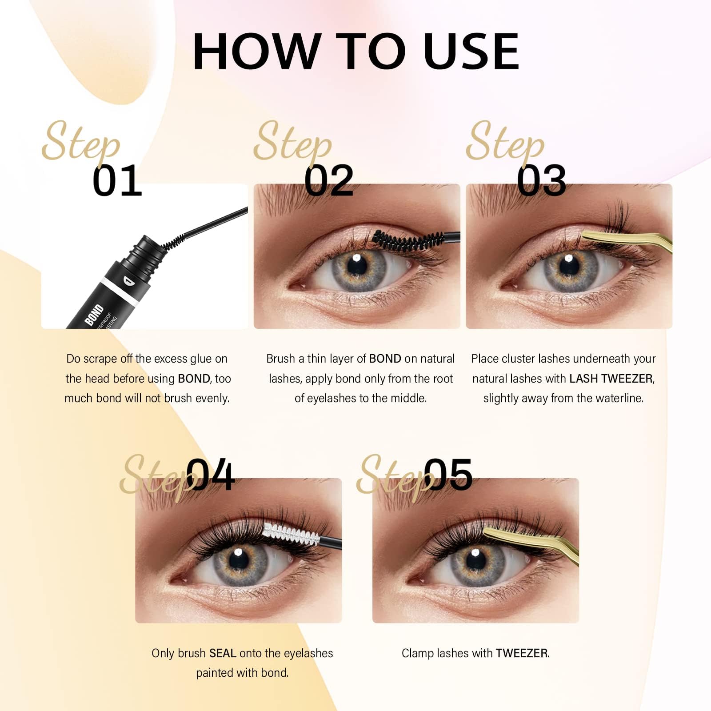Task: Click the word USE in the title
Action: tap(471, 51)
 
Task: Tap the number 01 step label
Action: tap(117, 180)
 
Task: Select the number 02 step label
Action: tap(329, 180)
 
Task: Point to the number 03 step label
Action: tap(541, 180)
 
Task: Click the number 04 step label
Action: tap(210, 475)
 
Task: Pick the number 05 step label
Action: tap(448, 475)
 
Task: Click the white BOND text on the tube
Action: tap(94, 315)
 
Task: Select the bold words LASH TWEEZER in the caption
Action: tap(611, 379)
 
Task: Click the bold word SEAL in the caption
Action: tap(223, 653)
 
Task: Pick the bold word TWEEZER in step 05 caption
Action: tap(522, 653)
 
